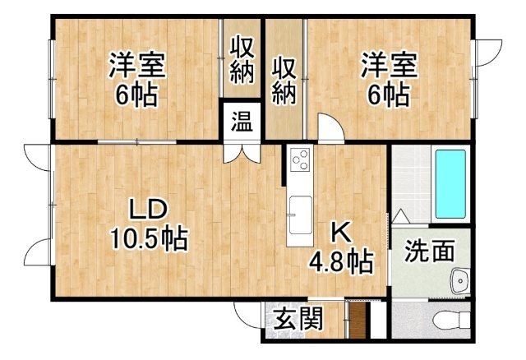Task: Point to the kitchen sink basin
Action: pyautogui.click(x=298, y=210)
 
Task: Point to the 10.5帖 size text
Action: pyautogui.click(x=149, y=239)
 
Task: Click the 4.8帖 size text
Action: pyautogui.click(x=340, y=262)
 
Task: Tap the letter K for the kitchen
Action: pyautogui.click(x=339, y=232)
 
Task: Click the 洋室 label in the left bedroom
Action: pyautogui.click(x=136, y=65)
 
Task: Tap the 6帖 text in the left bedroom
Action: pyautogui.click(x=136, y=95)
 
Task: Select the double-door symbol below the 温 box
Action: pyautogui.click(x=242, y=151)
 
